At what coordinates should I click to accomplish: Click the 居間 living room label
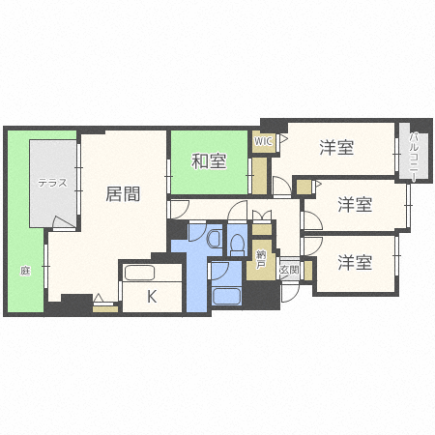123,194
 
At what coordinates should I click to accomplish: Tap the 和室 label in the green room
209,161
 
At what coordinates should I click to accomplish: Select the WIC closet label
263,141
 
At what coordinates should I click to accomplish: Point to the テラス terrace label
52,183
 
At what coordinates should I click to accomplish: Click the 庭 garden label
25,271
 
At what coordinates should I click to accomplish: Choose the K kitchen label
152,296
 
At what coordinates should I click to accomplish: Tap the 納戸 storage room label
261,260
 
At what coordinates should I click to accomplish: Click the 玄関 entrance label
290,270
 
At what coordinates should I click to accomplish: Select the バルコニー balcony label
414,157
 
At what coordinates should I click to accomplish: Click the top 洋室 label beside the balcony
336,147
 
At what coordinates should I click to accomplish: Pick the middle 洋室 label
355,205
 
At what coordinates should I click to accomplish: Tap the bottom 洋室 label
355,262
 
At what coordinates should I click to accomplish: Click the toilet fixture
238,245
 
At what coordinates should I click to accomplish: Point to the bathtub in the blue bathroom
226,296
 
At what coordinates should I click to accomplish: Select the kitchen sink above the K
139,274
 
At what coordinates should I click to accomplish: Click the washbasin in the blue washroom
214,239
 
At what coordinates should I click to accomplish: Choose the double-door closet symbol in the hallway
262,216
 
